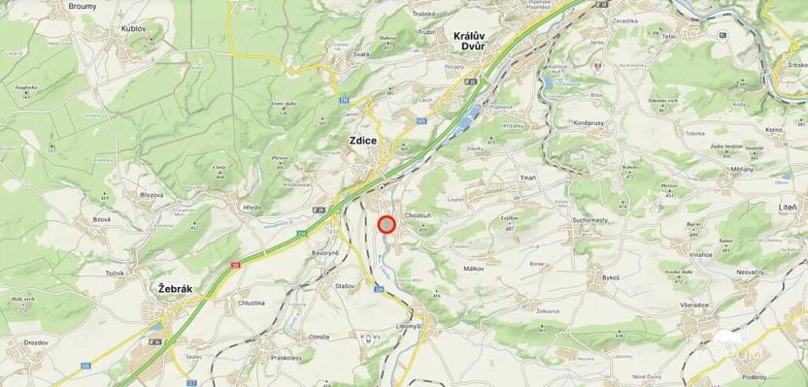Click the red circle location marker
(387, 225)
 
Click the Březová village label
(151, 194)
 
